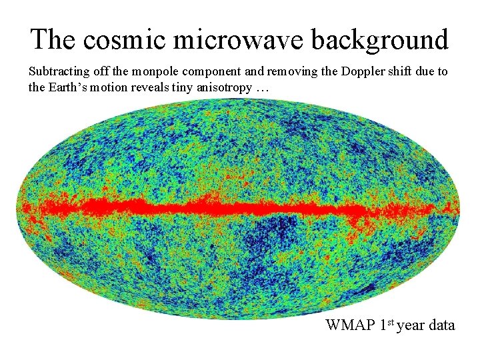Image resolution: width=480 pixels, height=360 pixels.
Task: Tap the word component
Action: coord(211,72)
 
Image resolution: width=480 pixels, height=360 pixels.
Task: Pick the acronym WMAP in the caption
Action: coord(350,325)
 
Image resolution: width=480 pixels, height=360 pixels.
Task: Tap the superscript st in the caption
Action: coord(390,322)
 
